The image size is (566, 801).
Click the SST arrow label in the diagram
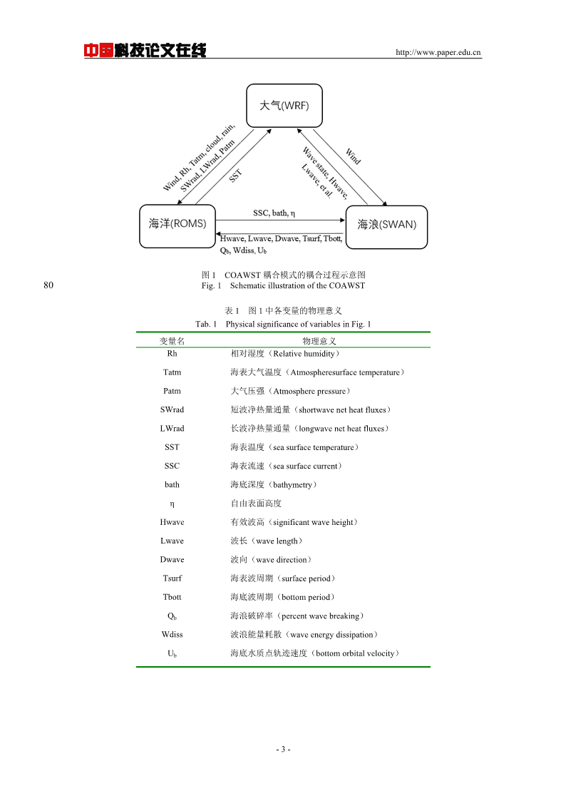tap(235, 175)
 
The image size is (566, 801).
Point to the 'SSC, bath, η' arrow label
tap(274, 213)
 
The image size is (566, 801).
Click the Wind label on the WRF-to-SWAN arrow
tap(353, 155)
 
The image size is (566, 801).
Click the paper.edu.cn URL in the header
tap(438, 52)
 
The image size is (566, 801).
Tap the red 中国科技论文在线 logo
tap(145, 50)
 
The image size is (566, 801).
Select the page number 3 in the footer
tap(283, 750)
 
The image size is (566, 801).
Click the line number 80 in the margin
tap(48, 285)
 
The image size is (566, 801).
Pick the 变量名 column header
tap(172, 341)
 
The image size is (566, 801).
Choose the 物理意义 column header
tap(319, 341)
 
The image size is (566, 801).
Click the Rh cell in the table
tap(172, 354)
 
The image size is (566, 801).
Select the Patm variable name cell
tap(172, 391)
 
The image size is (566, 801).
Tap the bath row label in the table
tap(172, 484)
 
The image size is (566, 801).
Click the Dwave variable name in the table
tap(172, 559)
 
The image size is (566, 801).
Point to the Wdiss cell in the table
tap(172, 635)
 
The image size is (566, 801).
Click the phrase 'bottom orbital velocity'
tap(355, 653)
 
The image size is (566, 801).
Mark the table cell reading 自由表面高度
tap(256, 503)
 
